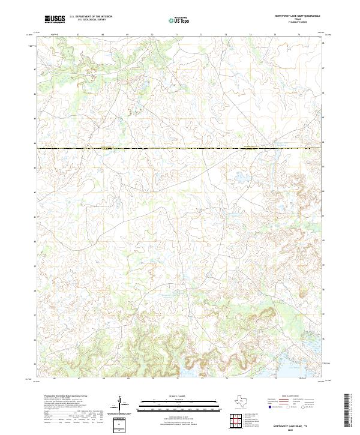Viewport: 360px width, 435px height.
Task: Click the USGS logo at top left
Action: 55,19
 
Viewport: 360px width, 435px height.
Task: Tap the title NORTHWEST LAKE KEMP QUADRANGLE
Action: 297,16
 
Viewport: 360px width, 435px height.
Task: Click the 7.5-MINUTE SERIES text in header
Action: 298,23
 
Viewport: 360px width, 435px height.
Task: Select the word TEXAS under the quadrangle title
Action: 298,19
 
